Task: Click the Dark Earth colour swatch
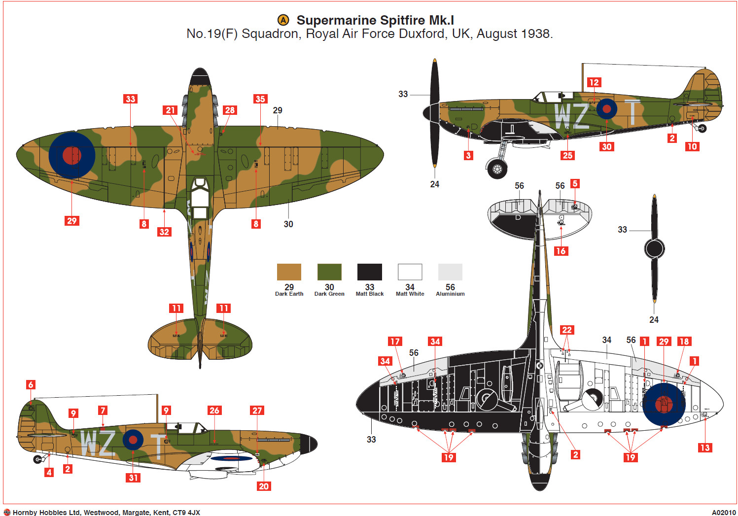[289, 272]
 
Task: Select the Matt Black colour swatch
[369, 272]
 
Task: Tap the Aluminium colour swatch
[450, 272]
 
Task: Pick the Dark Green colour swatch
[329, 272]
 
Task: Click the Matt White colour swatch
[410, 272]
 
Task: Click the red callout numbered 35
[260, 99]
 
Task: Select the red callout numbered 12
[594, 83]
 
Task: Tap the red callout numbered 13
[704, 447]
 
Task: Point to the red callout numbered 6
[31, 385]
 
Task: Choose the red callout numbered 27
[257, 411]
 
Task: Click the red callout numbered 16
[561, 251]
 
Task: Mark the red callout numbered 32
[164, 232]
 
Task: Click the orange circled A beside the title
[283, 20]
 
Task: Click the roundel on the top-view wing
[72, 155]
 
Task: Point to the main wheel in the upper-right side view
[497, 169]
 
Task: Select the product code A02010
[723, 513]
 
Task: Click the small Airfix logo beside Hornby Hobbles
[7, 513]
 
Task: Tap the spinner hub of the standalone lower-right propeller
[654, 249]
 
